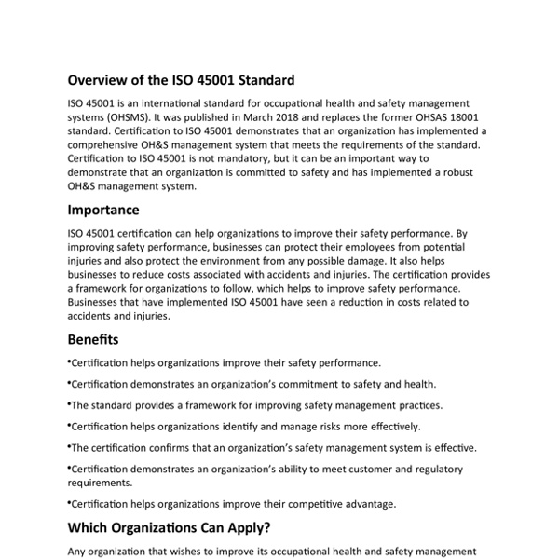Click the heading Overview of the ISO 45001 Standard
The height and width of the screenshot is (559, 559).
click(182, 80)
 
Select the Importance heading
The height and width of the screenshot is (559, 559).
click(104, 210)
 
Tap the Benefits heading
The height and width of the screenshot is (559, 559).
click(93, 339)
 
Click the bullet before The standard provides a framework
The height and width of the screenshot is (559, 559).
click(70, 403)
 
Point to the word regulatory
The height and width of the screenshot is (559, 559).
click(463, 468)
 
